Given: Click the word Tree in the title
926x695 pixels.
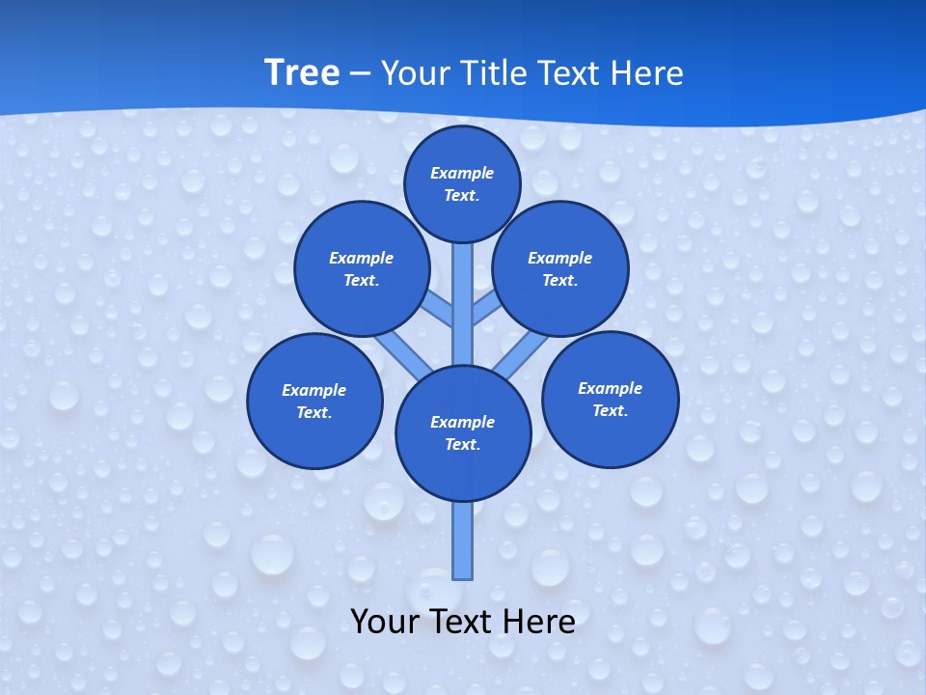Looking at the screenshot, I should click(302, 72).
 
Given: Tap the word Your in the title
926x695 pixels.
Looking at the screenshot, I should click(413, 72).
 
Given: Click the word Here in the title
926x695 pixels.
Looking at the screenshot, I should click(648, 72).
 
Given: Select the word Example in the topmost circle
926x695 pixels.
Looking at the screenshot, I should click(462, 173).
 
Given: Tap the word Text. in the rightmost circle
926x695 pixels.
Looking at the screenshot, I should click(610, 410).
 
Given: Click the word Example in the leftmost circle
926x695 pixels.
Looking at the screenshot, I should click(313, 390).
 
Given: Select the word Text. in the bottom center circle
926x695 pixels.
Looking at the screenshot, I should click(462, 444).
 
